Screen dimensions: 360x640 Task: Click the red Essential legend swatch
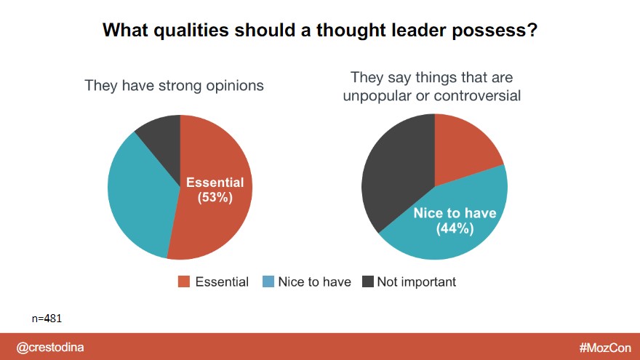pos(184,282)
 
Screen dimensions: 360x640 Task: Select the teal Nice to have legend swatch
pos(267,282)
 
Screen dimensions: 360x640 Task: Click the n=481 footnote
pos(50,318)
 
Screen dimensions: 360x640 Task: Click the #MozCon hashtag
pos(605,348)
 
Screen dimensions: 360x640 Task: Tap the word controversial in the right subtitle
pos(478,95)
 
